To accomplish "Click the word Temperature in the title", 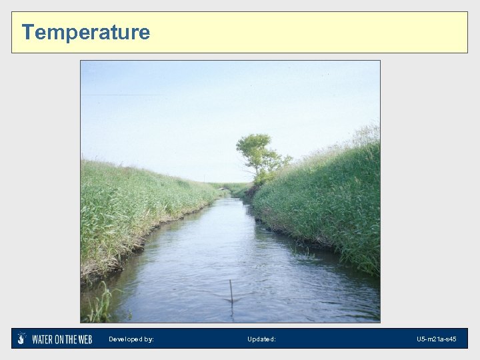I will [86, 32].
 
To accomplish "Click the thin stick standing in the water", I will [231, 291].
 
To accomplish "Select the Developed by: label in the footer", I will [131, 339].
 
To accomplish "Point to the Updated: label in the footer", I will [261, 339].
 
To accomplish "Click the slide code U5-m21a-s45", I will [437, 339].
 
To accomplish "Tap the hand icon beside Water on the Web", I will [22, 339].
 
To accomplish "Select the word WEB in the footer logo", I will [85, 339].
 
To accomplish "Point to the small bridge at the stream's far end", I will [225, 189].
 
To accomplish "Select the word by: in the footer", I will [149, 339].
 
